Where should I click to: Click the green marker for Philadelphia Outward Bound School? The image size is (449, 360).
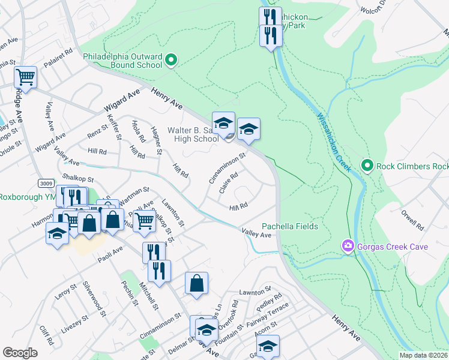click(x=171, y=59)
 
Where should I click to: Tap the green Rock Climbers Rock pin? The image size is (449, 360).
click(x=367, y=165)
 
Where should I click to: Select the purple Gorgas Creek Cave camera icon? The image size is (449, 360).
click(x=348, y=246)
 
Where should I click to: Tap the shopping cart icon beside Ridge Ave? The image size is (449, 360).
click(x=26, y=77)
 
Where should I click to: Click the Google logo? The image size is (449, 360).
click(x=20, y=352)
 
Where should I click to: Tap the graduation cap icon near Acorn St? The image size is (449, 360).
click(x=268, y=346)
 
